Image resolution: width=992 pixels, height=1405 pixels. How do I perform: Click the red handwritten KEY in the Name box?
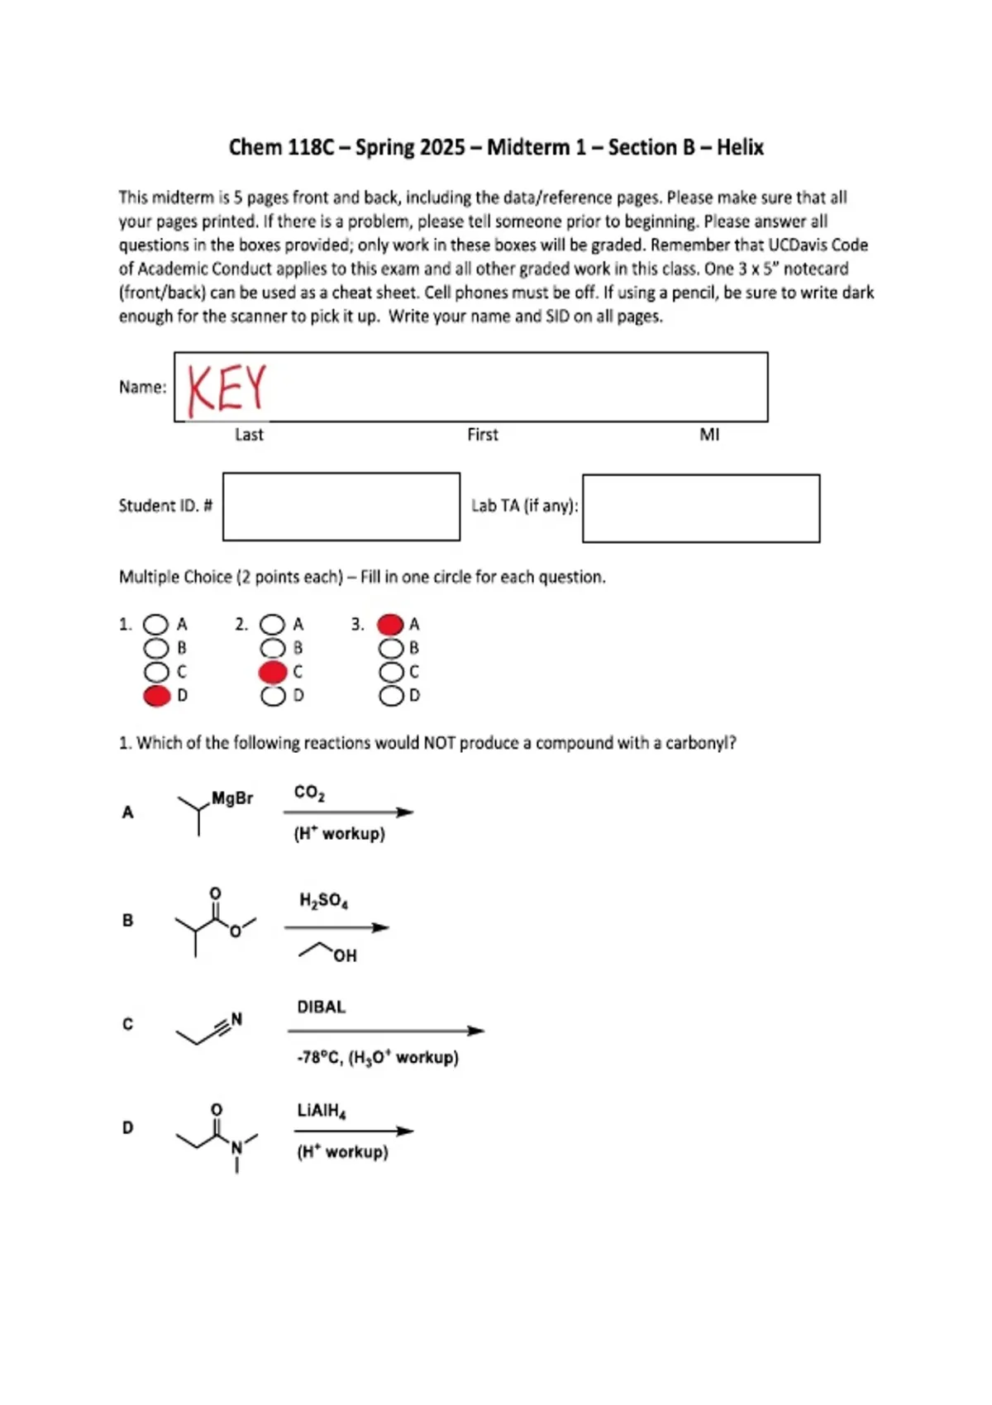coord(227,389)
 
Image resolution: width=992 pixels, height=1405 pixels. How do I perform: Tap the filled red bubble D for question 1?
coord(157,696)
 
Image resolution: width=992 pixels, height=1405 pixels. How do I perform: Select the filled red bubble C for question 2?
coord(273,673)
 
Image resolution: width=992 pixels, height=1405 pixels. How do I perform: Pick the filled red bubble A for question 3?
coord(390,625)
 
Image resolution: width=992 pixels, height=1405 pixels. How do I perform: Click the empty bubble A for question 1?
coord(156,625)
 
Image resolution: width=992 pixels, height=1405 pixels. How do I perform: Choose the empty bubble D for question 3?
coord(391,696)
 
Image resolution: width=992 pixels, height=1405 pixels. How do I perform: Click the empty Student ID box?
coord(341,507)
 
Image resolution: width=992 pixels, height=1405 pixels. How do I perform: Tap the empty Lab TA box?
coord(701,508)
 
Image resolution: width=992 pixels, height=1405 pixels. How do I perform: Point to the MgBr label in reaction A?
coord(232,798)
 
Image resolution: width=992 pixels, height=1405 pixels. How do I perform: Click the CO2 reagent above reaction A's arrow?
coord(309,793)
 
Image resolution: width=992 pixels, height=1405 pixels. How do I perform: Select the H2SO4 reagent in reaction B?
coord(324,902)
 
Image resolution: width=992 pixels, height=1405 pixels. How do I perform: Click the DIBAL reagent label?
coord(322,1007)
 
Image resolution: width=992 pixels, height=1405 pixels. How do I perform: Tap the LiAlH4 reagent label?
coord(322,1111)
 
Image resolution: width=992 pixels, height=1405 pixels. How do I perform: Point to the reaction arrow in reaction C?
coord(386,1031)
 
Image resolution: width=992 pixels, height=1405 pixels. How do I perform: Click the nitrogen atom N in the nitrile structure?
coord(236,1019)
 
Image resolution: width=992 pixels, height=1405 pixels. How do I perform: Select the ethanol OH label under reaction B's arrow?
coord(345,956)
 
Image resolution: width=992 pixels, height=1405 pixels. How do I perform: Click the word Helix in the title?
coord(741,147)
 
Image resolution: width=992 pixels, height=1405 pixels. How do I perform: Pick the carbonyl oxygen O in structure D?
coord(217,1110)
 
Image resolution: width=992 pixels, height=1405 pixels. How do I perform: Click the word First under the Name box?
coord(483,435)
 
